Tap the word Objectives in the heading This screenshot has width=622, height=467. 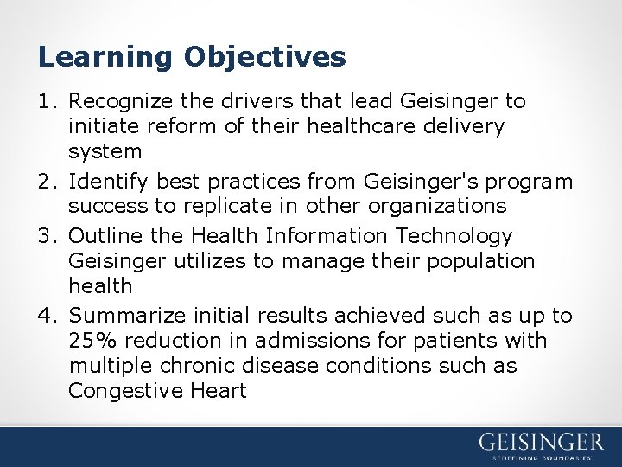[x=264, y=57]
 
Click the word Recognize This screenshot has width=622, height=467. [x=118, y=101]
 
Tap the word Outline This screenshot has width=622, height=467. [x=99, y=235]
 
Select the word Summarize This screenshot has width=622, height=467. [x=122, y=316]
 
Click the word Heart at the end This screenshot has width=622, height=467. [x=216, y=391]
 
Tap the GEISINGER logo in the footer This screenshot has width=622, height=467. [x=541, y=443]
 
